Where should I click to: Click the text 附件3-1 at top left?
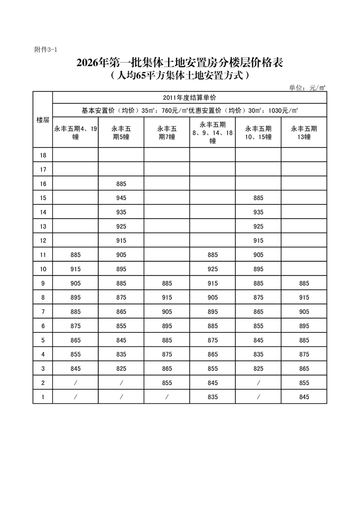tap(45, 49)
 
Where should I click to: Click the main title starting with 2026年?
tap(180, 63)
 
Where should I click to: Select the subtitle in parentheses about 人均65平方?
tap(180, 76)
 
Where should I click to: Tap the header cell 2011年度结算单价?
tap(190, 98)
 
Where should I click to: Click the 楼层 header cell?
tap(43, 120)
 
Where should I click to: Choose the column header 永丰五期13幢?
tap(304, 132)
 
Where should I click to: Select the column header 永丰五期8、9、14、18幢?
tap(212, 132)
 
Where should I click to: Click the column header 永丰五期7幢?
tap(166, 132)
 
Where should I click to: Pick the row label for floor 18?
tap(43, 156)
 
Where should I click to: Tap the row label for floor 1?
tap(43, 396)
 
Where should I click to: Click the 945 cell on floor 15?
tap(121, 198)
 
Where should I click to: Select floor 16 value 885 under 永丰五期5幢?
tap(121, 184)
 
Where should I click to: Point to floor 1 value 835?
tap(212, 396)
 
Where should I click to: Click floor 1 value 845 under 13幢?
tap(304, 396)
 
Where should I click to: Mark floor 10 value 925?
tap(212, 269)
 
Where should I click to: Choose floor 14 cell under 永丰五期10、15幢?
tap(258, 212)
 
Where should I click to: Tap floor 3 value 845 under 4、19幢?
tap(75, 368)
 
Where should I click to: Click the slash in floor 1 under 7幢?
tap(166, 396)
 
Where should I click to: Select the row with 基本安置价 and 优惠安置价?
tap(190, 110)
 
